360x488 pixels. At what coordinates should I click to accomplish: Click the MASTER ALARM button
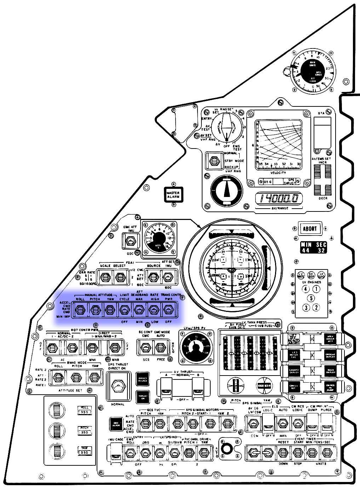coord(173,195)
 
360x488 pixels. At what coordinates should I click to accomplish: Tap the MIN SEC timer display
coord(314,248)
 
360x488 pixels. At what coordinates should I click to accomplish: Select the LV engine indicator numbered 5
coord(311,298)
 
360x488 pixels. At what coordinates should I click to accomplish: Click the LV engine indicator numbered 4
coord(305,289)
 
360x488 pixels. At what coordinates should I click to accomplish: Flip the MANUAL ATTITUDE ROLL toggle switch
coord(80,310)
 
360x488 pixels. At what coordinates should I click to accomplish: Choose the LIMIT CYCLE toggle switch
coord(124,310)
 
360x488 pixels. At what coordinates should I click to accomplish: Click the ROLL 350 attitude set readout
coord(84,410)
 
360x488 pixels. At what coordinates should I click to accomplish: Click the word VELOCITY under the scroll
coord(278,172)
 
